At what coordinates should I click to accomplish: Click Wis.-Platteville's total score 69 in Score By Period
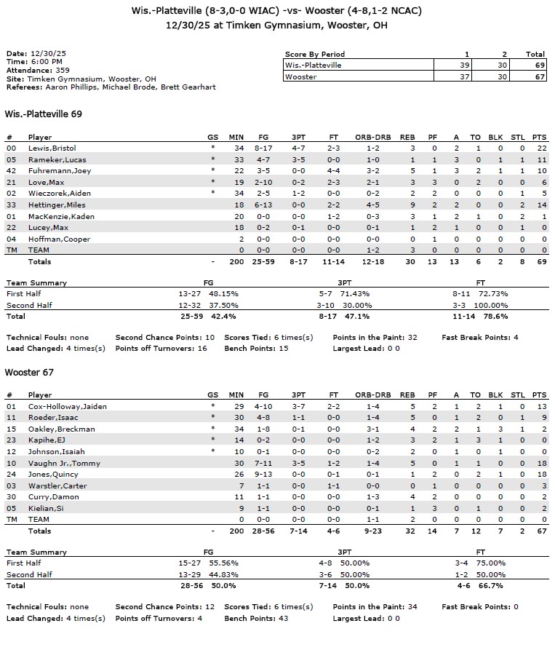click(535, 65)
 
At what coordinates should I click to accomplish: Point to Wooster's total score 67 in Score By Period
click(535, 76)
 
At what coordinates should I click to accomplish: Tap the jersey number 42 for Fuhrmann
click(10, 170)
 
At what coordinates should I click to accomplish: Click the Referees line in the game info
click(111, 87)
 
